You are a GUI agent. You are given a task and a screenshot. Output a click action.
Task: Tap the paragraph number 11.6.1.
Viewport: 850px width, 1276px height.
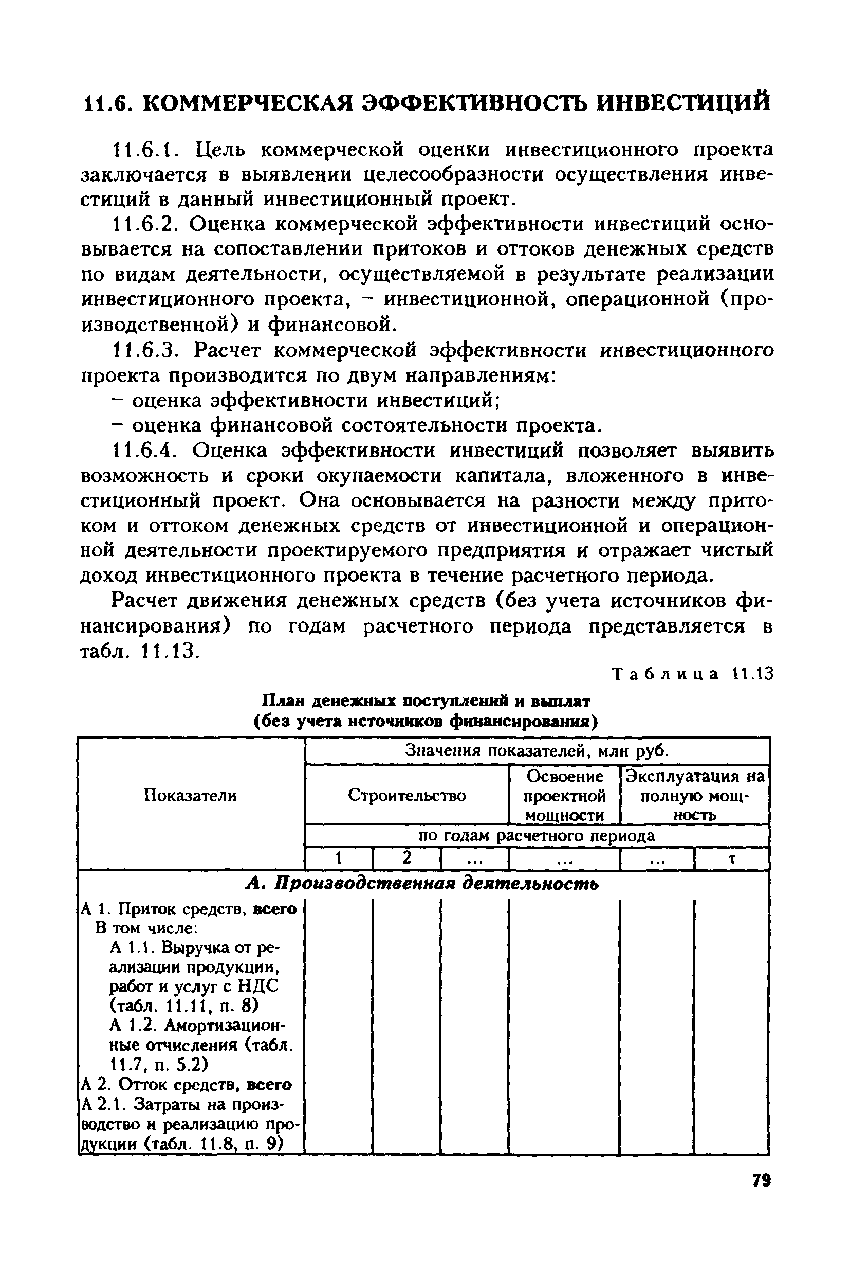[x=142, y=149]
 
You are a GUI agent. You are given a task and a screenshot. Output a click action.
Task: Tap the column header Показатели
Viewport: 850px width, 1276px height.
[x=191, y=795]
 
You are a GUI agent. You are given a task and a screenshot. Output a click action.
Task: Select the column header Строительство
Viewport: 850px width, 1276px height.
[x=406, y=795]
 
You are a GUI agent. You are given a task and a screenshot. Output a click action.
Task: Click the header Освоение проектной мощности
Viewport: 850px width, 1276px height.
[x=565, y=796]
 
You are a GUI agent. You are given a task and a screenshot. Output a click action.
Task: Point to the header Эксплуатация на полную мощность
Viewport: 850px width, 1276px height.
[x=695, y=796]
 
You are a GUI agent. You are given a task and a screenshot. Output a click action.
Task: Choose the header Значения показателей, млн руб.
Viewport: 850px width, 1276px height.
[x=537, y=751]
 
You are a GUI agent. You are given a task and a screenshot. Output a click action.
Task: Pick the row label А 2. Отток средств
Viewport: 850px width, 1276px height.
[x=186, y=1085]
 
